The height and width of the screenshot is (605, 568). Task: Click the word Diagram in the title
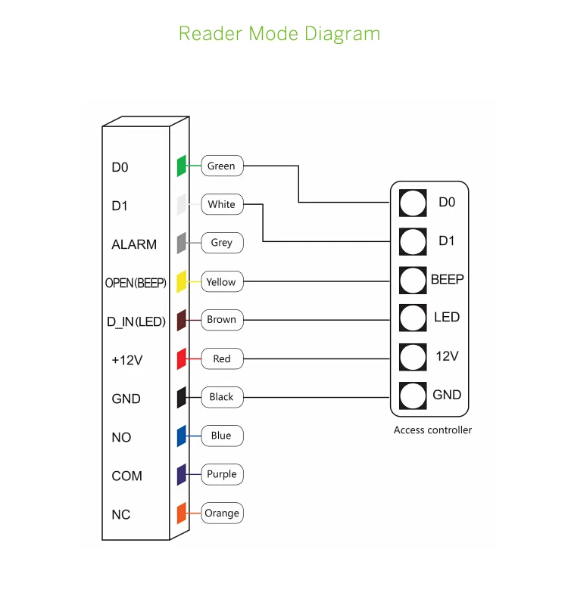[x=342, y=34]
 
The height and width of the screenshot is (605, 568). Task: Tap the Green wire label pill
[x=222, y=166]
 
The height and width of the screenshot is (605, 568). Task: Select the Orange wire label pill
[x=222, y=513]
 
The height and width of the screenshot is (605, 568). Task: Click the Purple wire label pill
[x=222, y=474]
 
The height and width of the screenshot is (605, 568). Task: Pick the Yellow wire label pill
[x=222, y=281]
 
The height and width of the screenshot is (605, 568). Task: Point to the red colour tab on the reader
[x=181, y=358]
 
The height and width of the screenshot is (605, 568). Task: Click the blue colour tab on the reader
[x=181, y=436]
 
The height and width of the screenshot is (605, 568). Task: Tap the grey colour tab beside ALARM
[x=181, y=243]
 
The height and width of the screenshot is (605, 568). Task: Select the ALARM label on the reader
[x=134, y=244]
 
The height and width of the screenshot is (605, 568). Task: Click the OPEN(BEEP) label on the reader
[x=136, y=283]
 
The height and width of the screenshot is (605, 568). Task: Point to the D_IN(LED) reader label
[x=136, y=321]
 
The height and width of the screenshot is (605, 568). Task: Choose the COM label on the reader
[x=126, y=476]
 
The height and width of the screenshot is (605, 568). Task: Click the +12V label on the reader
[x=126, y=360]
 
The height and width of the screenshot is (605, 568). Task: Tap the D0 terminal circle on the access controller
[x=413, y=203]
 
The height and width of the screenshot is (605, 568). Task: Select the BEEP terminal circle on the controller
[x=413, y=280]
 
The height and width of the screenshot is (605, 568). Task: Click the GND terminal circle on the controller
[x=413, y=396]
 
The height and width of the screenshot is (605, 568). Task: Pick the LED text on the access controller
[x=447, y=317]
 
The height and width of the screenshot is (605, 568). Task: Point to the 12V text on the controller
[x=447, y=356]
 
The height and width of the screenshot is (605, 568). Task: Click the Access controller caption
[x=432, y=430]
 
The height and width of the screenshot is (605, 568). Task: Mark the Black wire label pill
[x=222, y=397]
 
